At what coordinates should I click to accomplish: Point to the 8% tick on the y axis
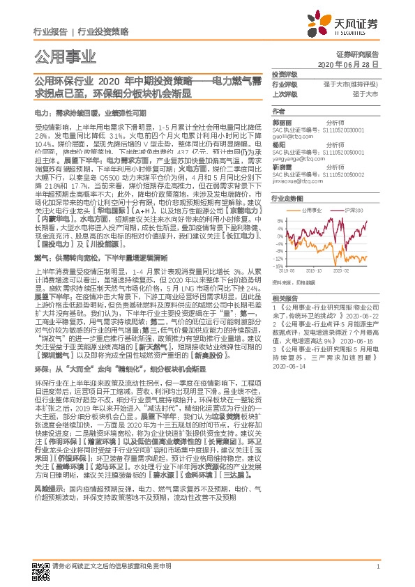pyautogui.click(x=278, y=220)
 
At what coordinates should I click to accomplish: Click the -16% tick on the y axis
pyautogui.click(x=278, y=266)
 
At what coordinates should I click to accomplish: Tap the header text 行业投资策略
pyautogui.click(x=103, y=32)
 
